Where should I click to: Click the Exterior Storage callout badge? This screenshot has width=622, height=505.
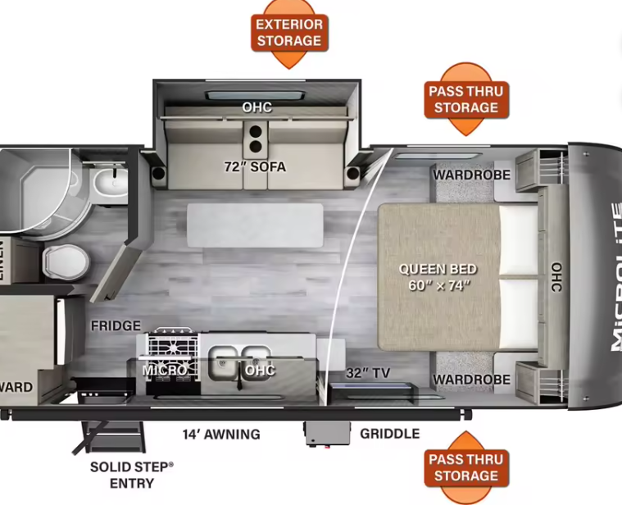click(x=289, y=33)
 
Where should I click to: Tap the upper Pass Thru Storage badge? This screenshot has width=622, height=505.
click(x=466, y=99)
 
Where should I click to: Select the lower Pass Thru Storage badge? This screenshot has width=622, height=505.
click(x=466, y=467)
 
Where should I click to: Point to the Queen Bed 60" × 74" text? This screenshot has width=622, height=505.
click(x=438, y=277)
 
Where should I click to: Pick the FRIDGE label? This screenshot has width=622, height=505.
click(x=116, y=325)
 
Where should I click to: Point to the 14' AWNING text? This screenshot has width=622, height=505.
click(x=221, y=434)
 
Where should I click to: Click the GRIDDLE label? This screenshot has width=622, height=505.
click(x=389, y=434)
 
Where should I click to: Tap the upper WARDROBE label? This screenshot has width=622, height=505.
click(x=471, y=175)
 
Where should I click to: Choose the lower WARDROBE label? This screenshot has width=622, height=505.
click(x=471, y=380)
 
